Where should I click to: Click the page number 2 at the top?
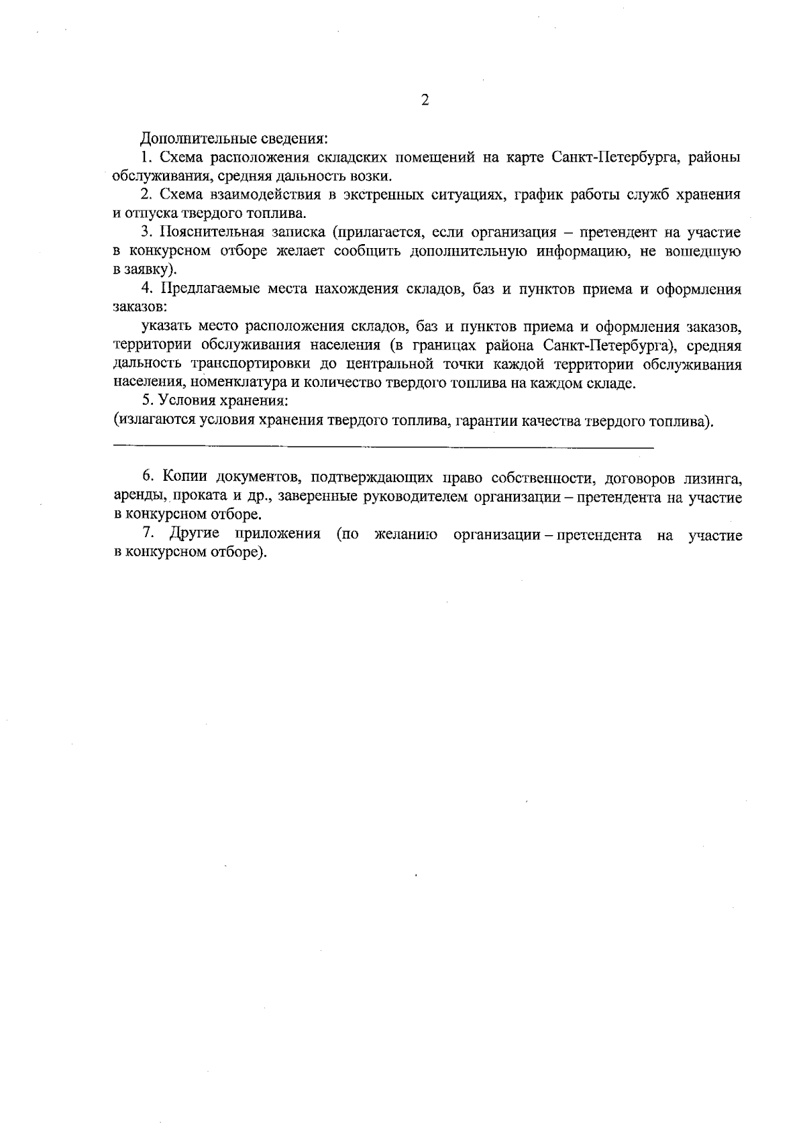(x=424, y=101)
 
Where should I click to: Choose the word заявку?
(x=150, y=270)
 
